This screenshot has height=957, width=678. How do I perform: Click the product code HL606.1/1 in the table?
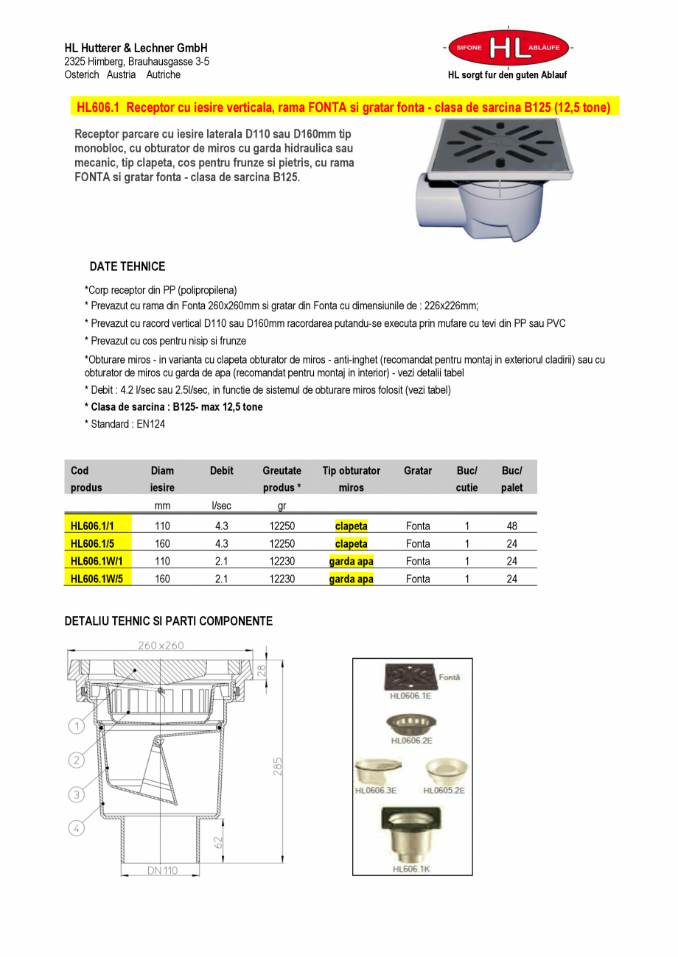(x=91, y=526)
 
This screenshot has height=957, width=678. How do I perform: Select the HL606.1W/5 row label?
(x=97, y=579)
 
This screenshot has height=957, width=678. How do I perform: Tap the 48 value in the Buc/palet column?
(x=511, y=526)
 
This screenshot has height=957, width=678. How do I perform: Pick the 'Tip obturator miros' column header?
(x=351, y=478)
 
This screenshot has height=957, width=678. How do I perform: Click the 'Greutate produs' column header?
(x=282, y=478)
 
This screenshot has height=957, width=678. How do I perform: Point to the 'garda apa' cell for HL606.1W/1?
(x=351, y=561)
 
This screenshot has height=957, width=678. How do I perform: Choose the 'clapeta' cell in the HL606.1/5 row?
(x=351, y=543)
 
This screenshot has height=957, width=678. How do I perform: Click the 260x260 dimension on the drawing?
(x=161, y=646)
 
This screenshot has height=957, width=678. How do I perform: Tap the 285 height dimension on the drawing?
(x=277, y=766)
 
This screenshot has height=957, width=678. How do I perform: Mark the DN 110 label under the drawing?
(x=161, y=871)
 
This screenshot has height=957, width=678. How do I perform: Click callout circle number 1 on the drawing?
(x=77, y=727)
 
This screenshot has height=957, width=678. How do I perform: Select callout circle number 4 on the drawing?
(x=77, y=827)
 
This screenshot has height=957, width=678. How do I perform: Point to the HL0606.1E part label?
(x=410, y=696)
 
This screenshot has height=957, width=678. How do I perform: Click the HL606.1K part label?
(x=410, y=869)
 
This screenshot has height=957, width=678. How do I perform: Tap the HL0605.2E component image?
(x=447, y=771)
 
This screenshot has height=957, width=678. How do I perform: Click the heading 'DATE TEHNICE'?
(x=127, y=266)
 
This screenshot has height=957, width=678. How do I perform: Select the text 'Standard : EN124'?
(x=127, y=424)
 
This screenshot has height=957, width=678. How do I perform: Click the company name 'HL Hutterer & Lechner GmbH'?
(x=136, y=48)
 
